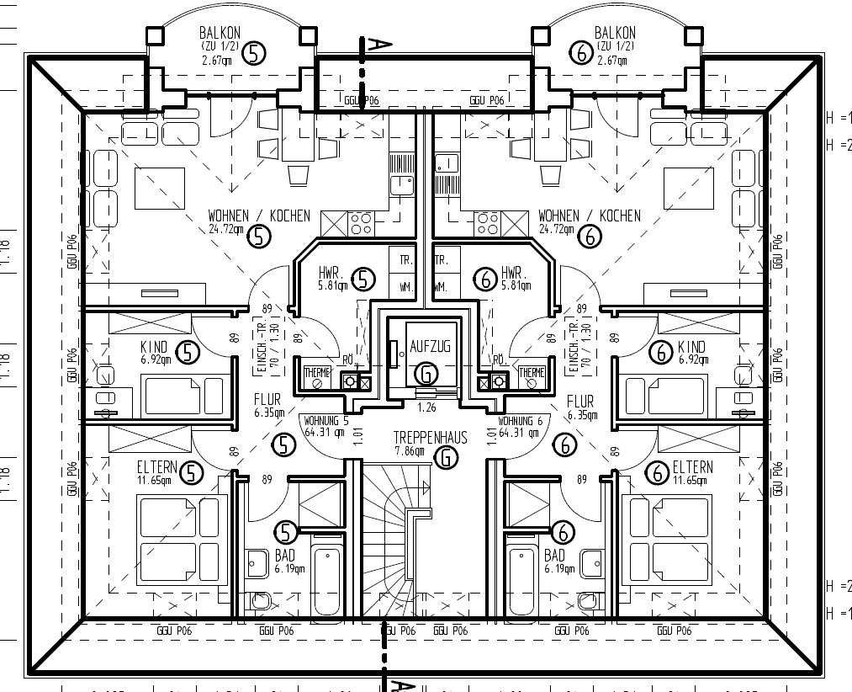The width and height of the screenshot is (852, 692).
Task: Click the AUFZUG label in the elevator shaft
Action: pos(430,347)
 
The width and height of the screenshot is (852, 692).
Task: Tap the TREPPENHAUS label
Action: pos(430,439)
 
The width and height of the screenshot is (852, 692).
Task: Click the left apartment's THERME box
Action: pos(317,372)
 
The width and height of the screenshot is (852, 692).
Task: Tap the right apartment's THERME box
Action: pos(532,372)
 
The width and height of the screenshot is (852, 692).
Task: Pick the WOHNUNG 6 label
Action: pos(525,421)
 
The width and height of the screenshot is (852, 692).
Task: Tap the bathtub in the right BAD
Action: pos(522,580)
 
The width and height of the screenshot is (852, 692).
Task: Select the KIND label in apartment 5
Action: pos(154,347)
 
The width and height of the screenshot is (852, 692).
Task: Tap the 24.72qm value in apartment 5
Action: pos(226,229)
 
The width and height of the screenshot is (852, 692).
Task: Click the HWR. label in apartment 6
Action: pos(513,274)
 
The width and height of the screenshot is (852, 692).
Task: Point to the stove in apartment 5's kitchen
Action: pos(362,223)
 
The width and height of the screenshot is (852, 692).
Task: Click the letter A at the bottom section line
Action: pos(405,685)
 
